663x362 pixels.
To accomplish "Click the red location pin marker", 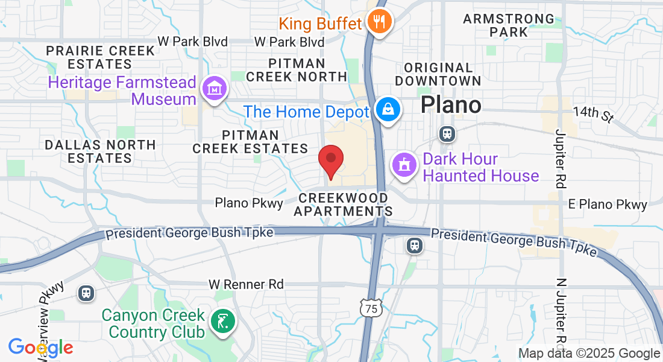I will click(331, 160).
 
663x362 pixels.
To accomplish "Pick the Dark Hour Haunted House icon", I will click(404, 165).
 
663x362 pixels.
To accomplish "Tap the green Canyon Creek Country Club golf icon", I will click(223, 322).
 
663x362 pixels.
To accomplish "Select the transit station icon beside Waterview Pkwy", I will click(87, 293).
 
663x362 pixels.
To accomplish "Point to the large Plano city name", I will click(451, 105).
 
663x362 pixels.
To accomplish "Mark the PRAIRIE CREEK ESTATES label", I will click(100, 57).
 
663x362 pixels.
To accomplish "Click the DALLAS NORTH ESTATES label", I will click(100, 151).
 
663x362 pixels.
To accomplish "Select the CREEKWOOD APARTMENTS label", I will click(343, 205).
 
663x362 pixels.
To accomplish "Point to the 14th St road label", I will click(592, 113).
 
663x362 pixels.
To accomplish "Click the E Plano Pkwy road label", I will click(608, 205).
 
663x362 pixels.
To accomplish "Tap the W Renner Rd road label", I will click(246, 284).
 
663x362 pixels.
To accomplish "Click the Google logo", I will click(40, 348).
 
